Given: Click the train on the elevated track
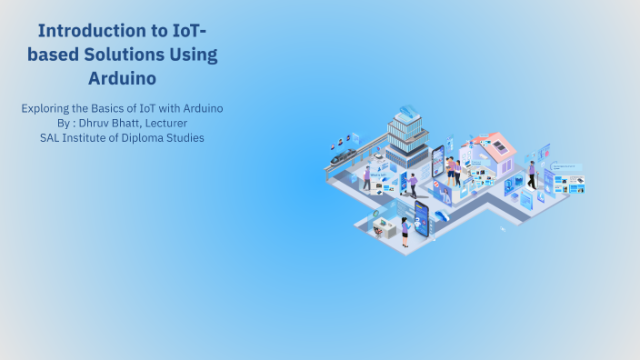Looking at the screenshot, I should click(x=343, y=156).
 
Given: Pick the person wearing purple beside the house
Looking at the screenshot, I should click(x=531, y=174).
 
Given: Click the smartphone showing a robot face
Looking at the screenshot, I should click(x=421, y=217).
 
